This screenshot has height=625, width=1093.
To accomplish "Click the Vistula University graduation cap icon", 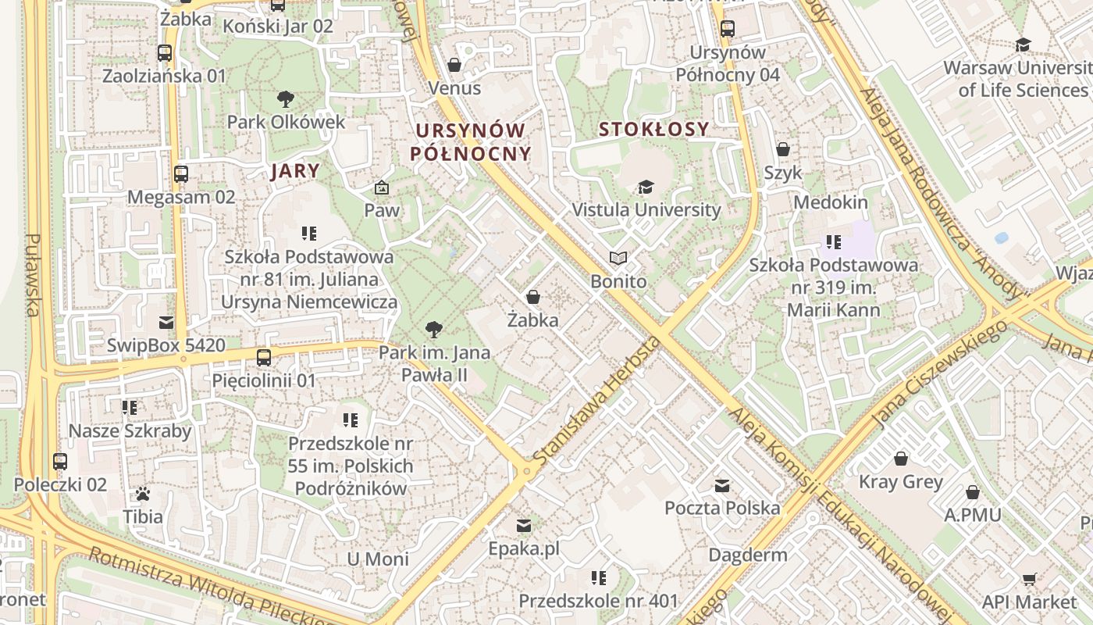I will click(x=646, y=187).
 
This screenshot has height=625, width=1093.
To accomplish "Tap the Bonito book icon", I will click(x=618, y=258).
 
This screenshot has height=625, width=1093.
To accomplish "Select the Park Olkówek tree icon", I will click(x=286, y=99).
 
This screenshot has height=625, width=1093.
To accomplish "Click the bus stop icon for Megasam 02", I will click(x=181, y=173).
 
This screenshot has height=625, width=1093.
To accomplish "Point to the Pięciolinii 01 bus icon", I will click(x=264, y=358).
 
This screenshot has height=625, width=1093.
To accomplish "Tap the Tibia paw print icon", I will click(x=143, y=494).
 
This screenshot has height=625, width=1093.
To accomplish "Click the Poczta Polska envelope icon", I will click(x=722, y=486).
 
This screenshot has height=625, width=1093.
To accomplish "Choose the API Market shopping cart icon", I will click(x=1029, y=579).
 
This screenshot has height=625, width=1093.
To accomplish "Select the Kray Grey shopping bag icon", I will click(x=901, y=459).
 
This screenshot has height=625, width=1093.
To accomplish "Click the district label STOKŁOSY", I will click(x=654, y=129).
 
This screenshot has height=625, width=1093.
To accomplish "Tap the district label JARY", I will click(x=295, y=172).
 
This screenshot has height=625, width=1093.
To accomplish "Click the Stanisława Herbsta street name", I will click(x=598, y=399).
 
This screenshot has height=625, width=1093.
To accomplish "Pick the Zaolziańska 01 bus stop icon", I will click(x=164, y=53).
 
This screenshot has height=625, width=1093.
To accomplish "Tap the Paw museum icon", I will click(x=382, y=187).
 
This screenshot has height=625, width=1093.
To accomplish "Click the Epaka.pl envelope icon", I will click(x=524, y=526).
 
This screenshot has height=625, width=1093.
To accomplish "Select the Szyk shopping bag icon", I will click(x=783, y=149).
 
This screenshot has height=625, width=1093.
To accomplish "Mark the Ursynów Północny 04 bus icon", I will click(x=728, y=29).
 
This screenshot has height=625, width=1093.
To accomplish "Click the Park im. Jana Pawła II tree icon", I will click(x=434, y=330).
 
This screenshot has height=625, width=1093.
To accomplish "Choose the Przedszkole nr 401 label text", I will click(x=599, y=602).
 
